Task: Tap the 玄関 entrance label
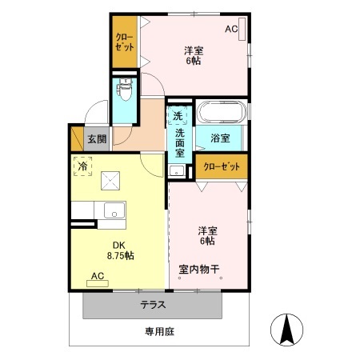click(x=97, y=139)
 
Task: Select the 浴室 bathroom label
click(x=220, y=138)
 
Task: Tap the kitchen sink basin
click(x=113, y=211)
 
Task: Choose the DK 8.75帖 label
click(x=120, y=250)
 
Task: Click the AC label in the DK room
click(x=98, y=276)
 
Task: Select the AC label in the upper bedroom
click(x=231, y=30)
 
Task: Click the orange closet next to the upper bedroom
click(x=125, y=42)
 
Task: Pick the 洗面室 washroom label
click(x=180, y=143)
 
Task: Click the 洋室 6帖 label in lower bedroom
click(x=207, y=236)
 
